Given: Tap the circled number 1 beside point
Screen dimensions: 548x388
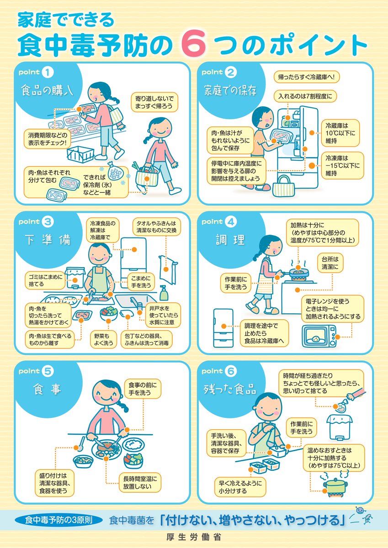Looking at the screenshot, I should pyautogui.click(x=48, y=72).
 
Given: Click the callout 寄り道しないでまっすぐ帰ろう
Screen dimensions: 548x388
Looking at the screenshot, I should pyautogui.click(x=155, y=102).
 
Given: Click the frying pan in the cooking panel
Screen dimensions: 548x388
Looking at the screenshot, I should pyautogui.click(x=297, y=272).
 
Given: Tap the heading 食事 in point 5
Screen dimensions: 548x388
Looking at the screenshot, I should pyautogui.click(x=45, y=390).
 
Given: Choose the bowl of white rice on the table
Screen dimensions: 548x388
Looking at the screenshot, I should pyautogui.click(x=134, y=444).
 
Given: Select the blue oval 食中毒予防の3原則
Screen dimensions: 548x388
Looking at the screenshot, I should pyautogui.click(x=58, y=520).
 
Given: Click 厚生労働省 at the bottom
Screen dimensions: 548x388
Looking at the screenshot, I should pyautogui.click(x=194, y=538).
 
